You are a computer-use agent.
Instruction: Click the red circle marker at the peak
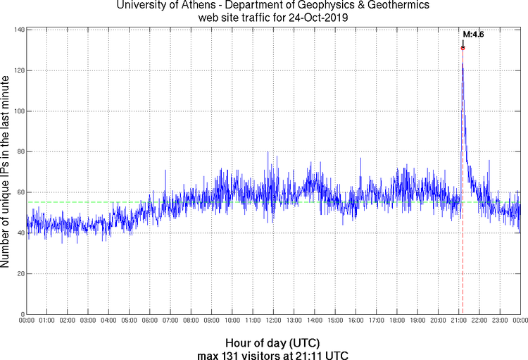[x=463, y=48]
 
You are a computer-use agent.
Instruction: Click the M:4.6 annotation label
[x=473, y=34]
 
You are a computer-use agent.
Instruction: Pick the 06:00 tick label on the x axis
[x=150, y=321]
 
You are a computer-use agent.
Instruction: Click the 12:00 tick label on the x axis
[x=273, y=321]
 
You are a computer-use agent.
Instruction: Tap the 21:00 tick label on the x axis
[x=458, y=321]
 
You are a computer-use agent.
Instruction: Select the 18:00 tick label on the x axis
[x=396, y=321]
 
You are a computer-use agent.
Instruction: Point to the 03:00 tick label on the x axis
[x=88, y=321]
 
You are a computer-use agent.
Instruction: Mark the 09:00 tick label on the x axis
[x=211, y=321]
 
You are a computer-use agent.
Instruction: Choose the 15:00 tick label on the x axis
[x=335, y=321]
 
